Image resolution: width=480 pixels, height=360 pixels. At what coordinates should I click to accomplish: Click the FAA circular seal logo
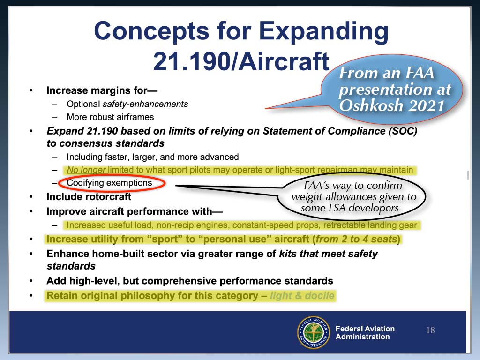[x=314, y=332]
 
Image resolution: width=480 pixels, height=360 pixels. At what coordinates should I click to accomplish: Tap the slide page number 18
[x=430, y=330]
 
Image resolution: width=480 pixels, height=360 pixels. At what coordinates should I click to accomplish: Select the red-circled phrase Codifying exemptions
[x=109, y=183]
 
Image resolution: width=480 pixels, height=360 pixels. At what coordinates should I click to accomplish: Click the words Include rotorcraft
[x=89, y=196]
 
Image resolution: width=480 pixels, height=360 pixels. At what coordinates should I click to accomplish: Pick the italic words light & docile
[x=302, y=295]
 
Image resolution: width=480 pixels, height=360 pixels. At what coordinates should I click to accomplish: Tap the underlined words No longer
[x=86, y=170]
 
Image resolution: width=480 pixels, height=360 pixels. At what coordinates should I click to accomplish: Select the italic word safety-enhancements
[x=145, y=104]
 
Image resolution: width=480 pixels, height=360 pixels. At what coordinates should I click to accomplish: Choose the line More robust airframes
[x=110, y=117]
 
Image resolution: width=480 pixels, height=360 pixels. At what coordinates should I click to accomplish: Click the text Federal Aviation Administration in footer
[x=365, y=332]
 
